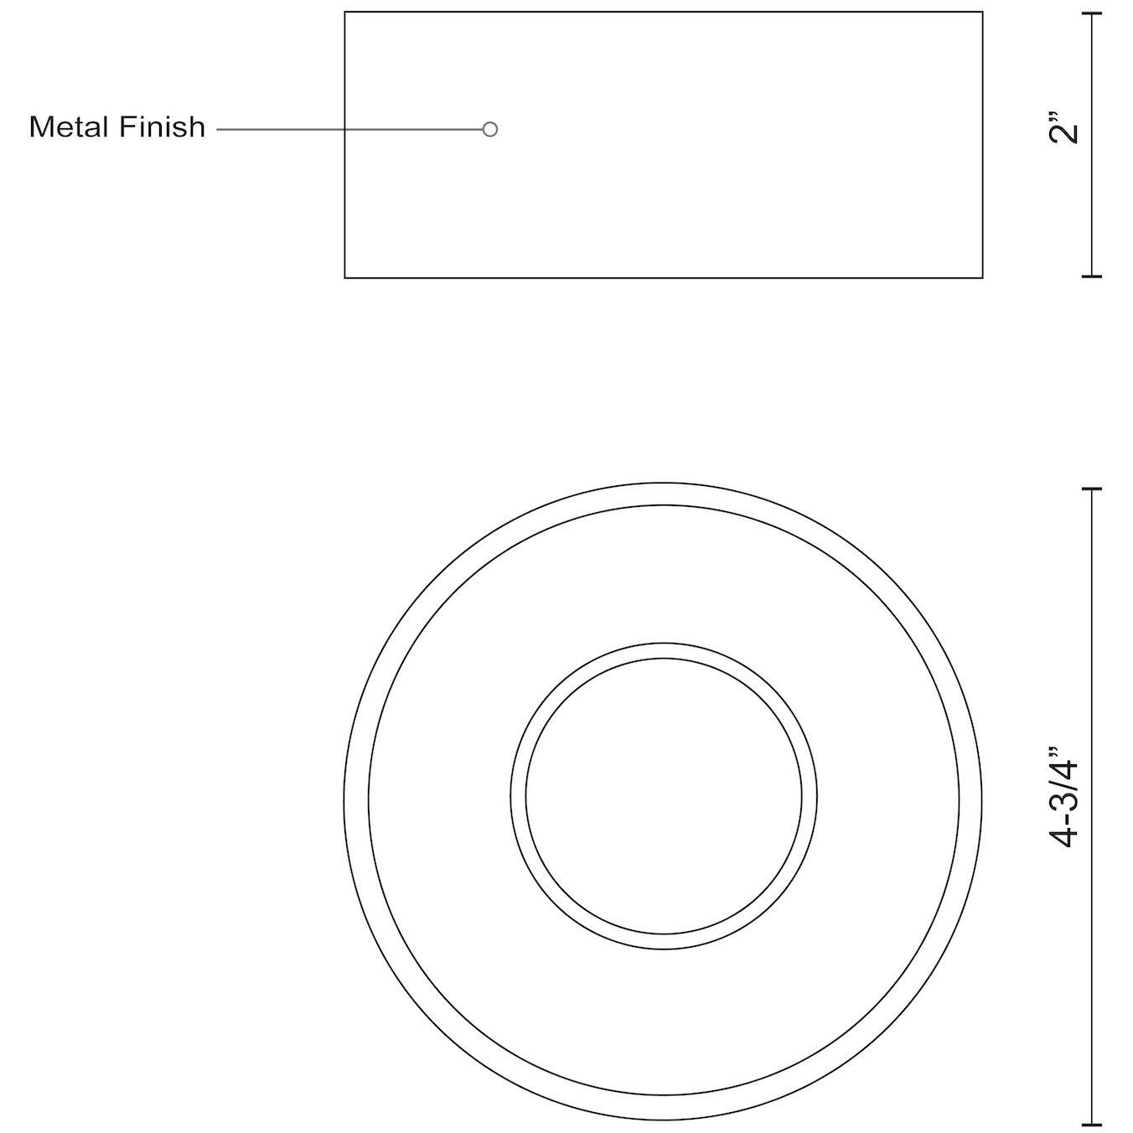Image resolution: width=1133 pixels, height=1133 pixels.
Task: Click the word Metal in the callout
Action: coord(70,127)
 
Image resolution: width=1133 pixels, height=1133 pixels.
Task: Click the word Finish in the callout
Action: coord(162,127)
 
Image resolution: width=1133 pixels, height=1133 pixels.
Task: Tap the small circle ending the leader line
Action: coord(490,129)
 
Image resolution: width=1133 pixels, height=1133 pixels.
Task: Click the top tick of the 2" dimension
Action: coord(1090,14)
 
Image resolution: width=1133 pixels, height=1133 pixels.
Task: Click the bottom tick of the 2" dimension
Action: coord(1090,275)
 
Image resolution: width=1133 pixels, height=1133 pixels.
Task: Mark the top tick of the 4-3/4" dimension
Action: coord(1090,489)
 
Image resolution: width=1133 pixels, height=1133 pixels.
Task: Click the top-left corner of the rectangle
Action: coord(345,13)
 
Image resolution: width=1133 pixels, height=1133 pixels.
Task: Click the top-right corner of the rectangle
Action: coord(982,13)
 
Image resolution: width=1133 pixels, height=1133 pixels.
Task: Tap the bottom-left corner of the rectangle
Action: coord(345,277)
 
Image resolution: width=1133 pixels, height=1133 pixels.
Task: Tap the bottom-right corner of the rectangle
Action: coord(982,277)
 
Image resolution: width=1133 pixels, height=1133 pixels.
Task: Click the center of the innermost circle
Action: coord(664,796)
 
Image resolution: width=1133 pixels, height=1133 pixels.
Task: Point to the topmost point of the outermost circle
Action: coord(664,483)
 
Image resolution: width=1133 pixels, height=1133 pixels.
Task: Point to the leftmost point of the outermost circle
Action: coord(344,801)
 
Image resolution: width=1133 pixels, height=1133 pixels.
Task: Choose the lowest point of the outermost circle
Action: coord(664,1120)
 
